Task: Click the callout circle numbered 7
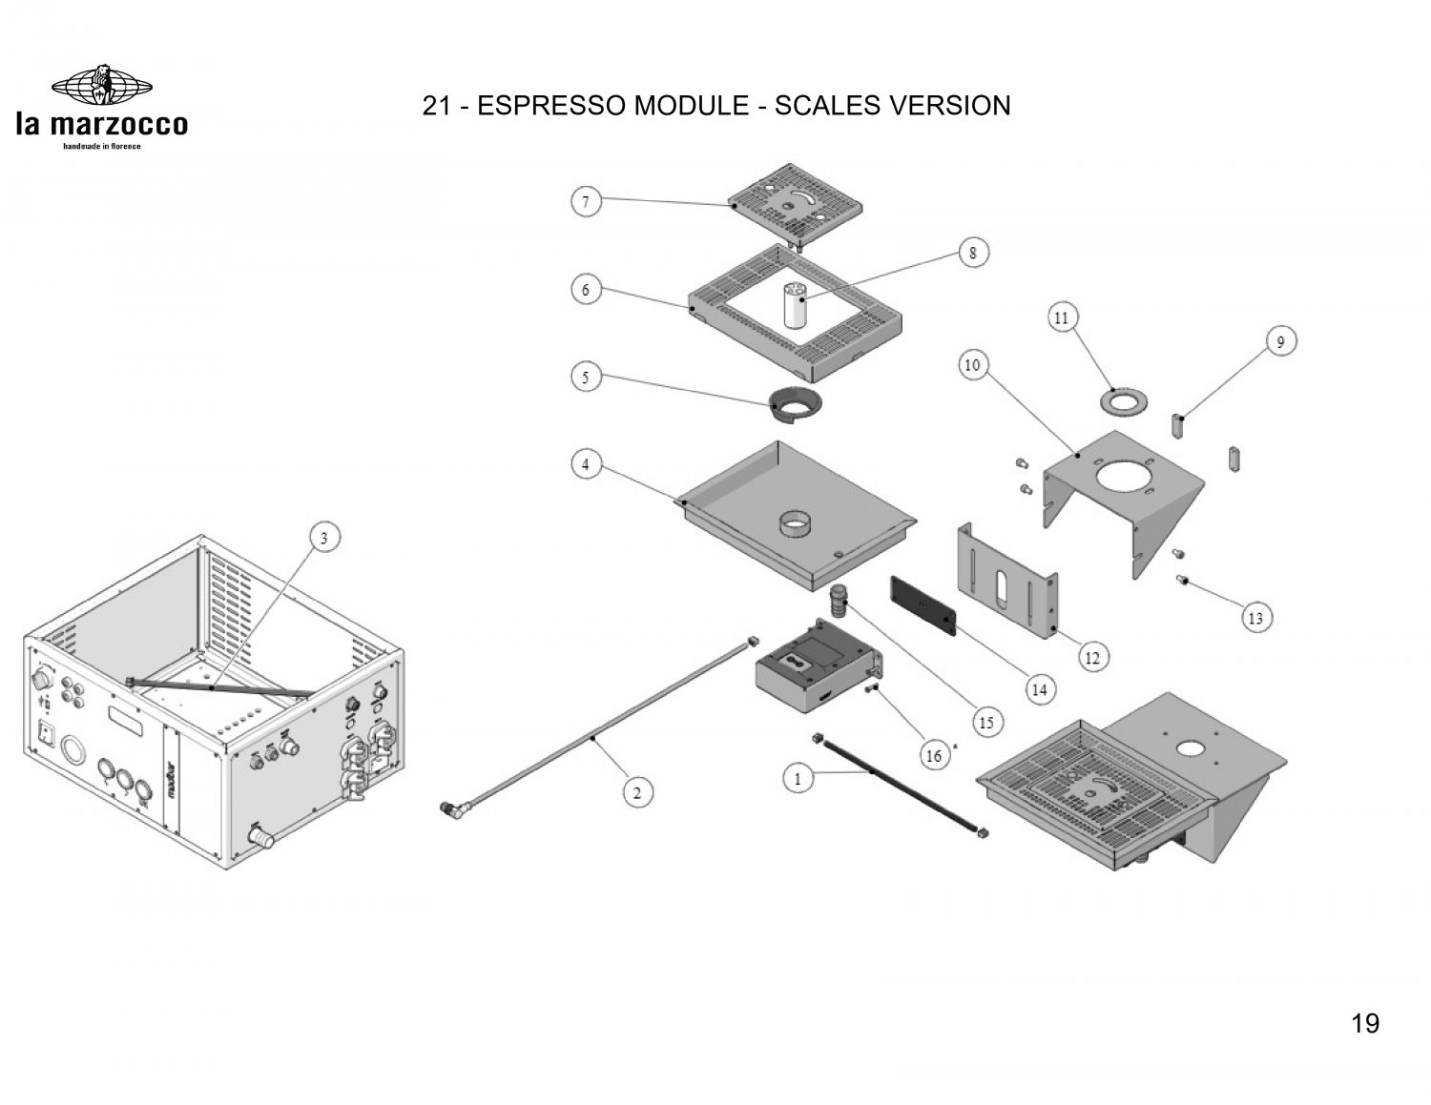point(586,202)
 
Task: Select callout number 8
point(973,253)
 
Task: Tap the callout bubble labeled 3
point(324,538)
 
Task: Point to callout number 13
point(1255,619)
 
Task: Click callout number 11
point(1061,318)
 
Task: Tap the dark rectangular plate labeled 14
point(923,605)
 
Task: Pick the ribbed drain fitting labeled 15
point(838,601)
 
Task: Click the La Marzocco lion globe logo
point(102,85)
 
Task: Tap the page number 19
point(1365,1024)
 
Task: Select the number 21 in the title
point(436,106)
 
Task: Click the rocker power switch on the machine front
point(45,734)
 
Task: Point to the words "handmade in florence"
point(102,146)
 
